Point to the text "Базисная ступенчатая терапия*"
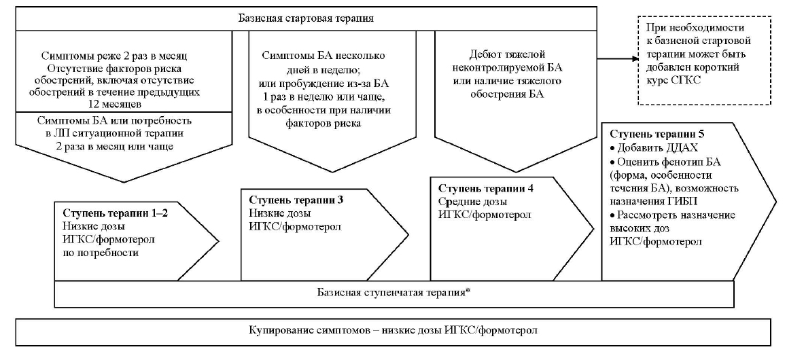click(x=393, y=293)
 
